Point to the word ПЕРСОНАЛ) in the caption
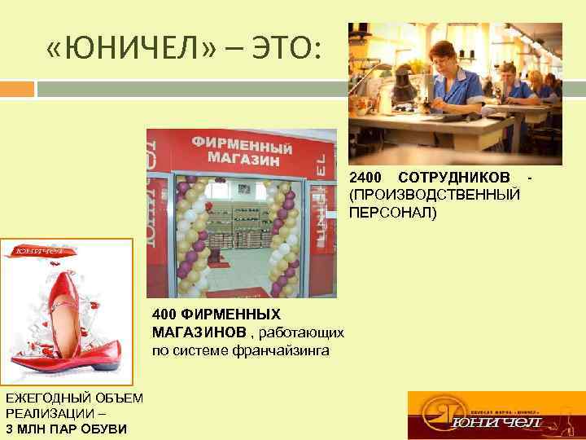coord(393,213)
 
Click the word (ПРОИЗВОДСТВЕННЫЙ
coord(435,196)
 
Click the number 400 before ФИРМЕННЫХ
coord(164,315)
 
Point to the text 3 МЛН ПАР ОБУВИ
coord(65,429)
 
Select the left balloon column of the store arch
coord(191,236)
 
